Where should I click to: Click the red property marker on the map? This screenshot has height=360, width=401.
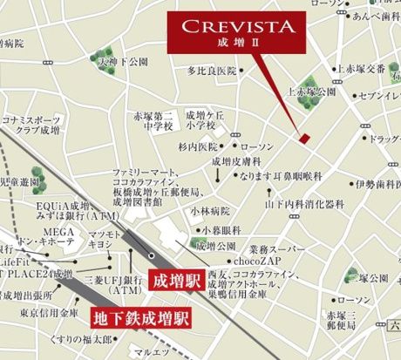click(303, 138)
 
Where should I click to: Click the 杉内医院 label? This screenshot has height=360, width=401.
click(196, 147)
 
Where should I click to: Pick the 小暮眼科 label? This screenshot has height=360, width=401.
click(217, 228)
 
